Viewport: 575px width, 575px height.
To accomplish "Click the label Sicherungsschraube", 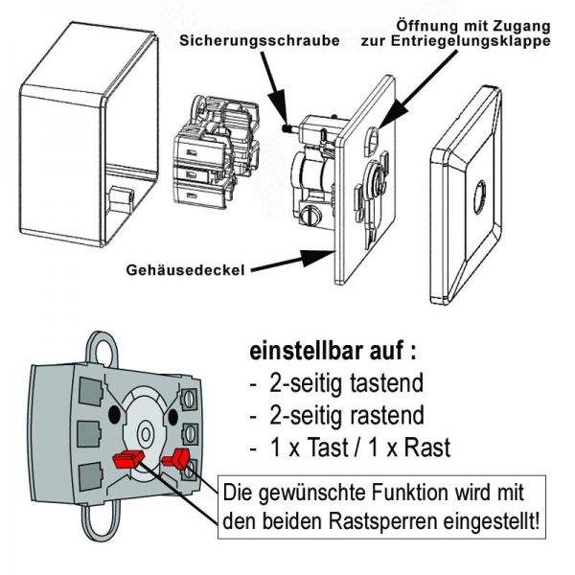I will [247, 43].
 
